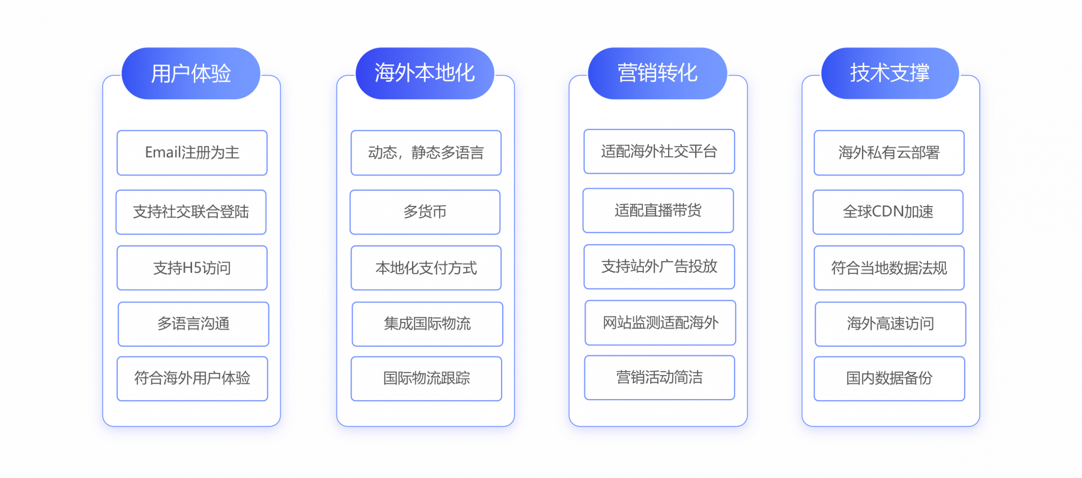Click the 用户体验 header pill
(x=191, y=73)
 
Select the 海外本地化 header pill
(x=425, y=73)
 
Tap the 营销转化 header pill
(x=657, y=73)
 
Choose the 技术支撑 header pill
(x=890, y=73)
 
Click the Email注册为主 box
(x=192, y=153)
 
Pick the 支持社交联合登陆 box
(x=191, y=212)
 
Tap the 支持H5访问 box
(x=192, y=268)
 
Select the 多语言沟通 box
(x=193, y=324)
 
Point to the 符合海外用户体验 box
(x=192, y=378)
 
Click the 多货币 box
(x=425, y=212)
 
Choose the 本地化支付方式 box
(x=426, y=268)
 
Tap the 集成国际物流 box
(x=427, y=324)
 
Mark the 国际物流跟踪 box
(x=427, y=378)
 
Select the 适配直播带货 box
(x=658, y=211)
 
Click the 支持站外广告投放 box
(x=659, y=267)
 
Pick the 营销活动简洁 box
(x=660, y=378)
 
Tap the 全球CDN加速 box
(x=888, y=212)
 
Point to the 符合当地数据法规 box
(x=889, y=268)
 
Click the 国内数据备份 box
(x=890, y=378)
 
